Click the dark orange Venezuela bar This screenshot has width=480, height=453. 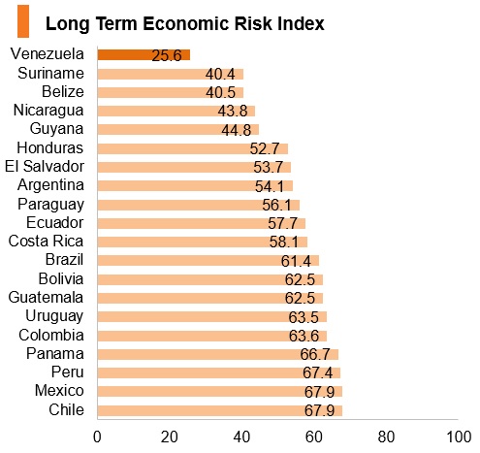click(x=144, y=54)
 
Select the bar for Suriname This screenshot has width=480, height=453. click(x=171, y=74)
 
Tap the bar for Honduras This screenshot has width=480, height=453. click(x=193, y=148)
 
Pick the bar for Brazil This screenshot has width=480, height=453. click(x=208, y=260)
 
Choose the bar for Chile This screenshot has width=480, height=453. click(x=220, y=410)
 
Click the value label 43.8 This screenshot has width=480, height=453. click(x=233, y=111)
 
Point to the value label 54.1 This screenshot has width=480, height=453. click(x=270, y=186)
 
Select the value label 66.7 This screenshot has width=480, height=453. click(x=315, y=354)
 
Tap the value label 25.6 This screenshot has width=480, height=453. click(x=167, y=55)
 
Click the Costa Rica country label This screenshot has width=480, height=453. click(x=46, y=242)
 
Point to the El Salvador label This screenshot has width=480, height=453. click(x=45, y=167)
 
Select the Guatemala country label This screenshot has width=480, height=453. click(x=46, y=298)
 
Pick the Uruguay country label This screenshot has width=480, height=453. click(x=54, y=316)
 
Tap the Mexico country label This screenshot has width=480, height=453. click(x=59, y=391)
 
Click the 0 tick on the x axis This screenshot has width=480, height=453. click(x=97, y=437)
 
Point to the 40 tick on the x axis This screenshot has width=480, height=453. click(x=241, y=437)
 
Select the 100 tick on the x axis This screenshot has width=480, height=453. click(x=459, y=437)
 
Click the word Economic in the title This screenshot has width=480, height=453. click(x=186, y=23)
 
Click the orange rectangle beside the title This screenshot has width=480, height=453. click(x=23, y=21)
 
